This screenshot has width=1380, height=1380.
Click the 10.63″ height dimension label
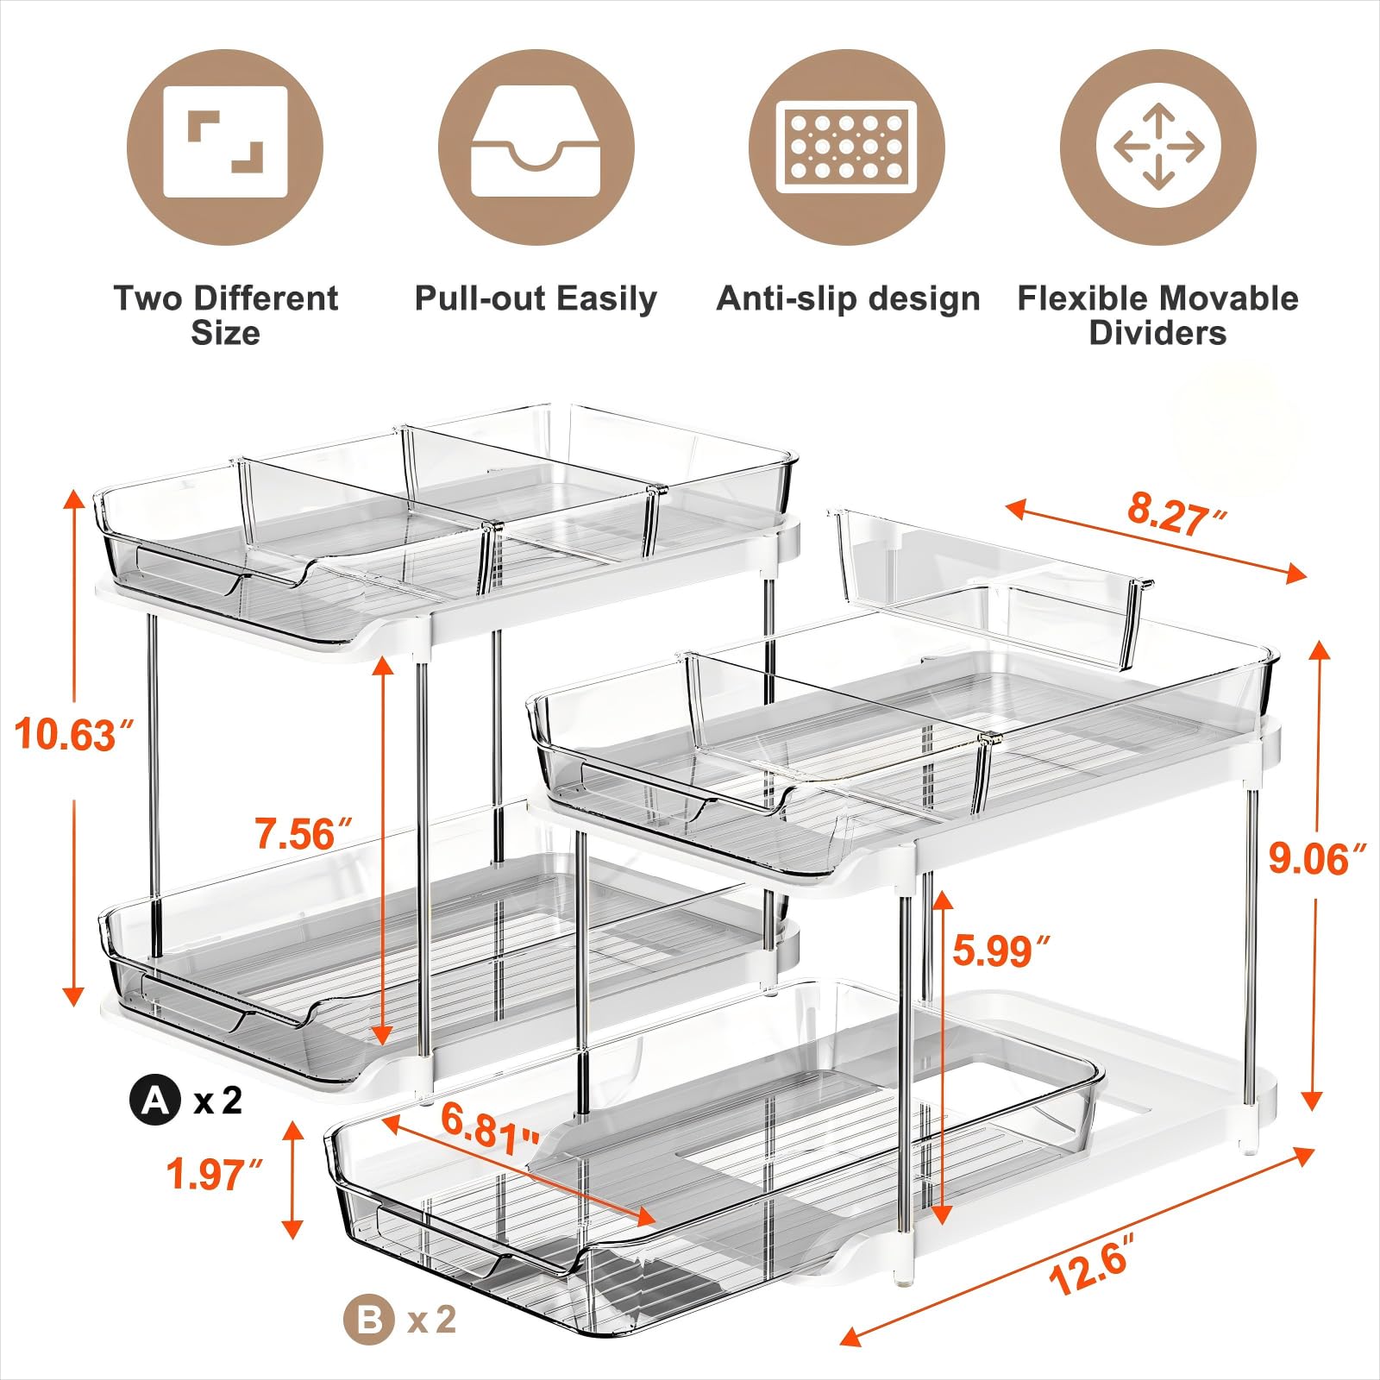(x=76, y=736)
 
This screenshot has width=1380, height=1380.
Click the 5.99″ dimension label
(x=1001, y=950)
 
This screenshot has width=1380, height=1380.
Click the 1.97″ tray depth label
(x=214, y=1175)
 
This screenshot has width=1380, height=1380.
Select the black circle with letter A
(x=155, y=1101)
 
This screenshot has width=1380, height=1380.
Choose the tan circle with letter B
(x=369, y=1320)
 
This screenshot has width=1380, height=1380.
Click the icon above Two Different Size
(x=225, y=147)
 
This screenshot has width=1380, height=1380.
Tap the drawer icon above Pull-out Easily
(x=536, y=147)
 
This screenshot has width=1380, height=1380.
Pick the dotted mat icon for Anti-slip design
(x=846, y=147)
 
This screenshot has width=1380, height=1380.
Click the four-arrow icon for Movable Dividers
(x=1157, y=147)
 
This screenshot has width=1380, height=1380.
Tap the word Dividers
(x=1157, y=333)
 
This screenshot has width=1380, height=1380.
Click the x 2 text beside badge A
(x=218, y=1101)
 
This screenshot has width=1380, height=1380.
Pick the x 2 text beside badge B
(x=431, y=1320)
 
